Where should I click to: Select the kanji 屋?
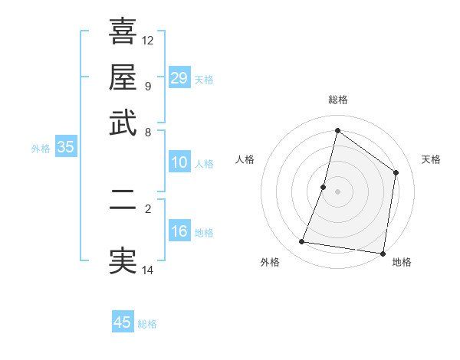click(123, 77)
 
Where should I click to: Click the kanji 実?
click(123, 260)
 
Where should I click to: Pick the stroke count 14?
click(148, 270)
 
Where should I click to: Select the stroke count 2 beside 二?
click(148, 208)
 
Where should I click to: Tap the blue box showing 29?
click(179, 78)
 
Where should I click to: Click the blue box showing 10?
click(179, 162)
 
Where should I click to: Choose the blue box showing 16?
click(179, 231)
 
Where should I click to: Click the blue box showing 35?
click(65, 148)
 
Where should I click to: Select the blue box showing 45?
click(123, 322)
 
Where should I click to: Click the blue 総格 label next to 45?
click(147, 324)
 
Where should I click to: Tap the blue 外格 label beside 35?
click(41, 149)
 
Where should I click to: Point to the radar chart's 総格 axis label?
click(337, 100)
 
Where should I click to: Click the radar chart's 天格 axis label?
click(432, 159)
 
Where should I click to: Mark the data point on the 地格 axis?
click(383, 253)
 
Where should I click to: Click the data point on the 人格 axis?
click(324, 187)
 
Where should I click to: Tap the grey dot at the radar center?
click(337, 191)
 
